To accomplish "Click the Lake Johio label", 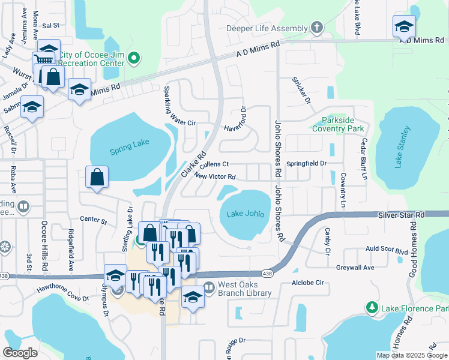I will pyautogui.click(x=246, y=214).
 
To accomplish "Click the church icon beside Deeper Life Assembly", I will pyautogui.click(x=316, y=28).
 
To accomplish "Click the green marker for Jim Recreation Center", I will pyautogui.click(x=134, y=59).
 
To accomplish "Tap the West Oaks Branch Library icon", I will pyautogui.click(x=208, y=288).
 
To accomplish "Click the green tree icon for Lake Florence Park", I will pyautogui.click(x=372, y=308).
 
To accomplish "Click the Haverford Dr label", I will pyautogui.click(x=237, y=121).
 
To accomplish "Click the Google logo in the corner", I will pyautogui.click(x=20, y=352).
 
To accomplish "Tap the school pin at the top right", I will pyautogui.click(x=404, y=26).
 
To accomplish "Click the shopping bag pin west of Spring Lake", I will pyautogui.click(x=97, y=177).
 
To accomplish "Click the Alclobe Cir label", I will pyautogui.click(x=307, y=282).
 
